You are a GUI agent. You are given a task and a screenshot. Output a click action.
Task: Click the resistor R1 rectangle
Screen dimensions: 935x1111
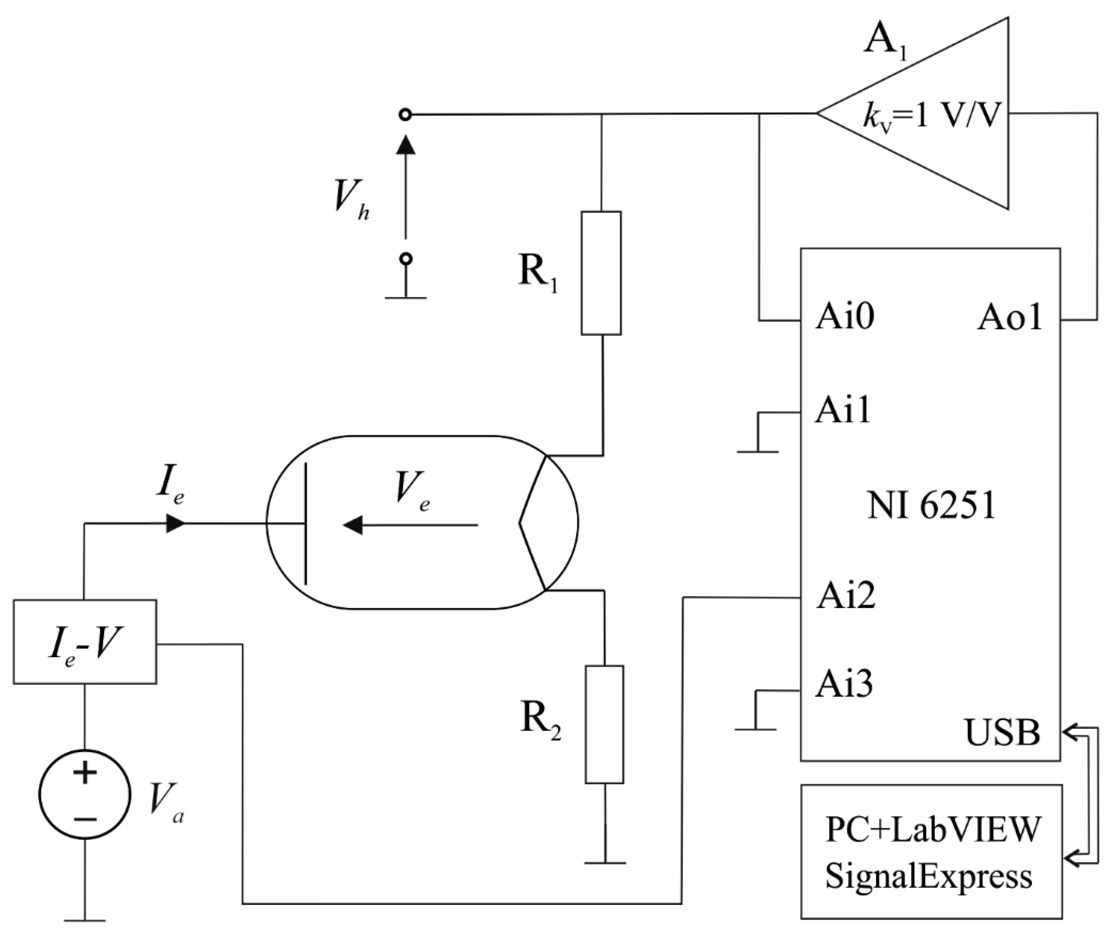601,273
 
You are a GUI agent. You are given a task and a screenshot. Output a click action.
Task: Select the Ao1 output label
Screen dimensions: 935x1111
1009,318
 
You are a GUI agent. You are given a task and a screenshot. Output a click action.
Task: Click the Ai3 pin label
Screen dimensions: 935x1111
844,684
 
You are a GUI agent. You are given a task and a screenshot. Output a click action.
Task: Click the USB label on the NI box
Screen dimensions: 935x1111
1002,733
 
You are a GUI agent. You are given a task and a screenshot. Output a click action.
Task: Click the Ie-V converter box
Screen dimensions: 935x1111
85,642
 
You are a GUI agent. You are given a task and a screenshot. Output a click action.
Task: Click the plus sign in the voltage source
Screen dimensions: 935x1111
85,773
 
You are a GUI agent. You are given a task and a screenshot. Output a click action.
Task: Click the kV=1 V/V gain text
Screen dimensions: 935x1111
931,118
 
